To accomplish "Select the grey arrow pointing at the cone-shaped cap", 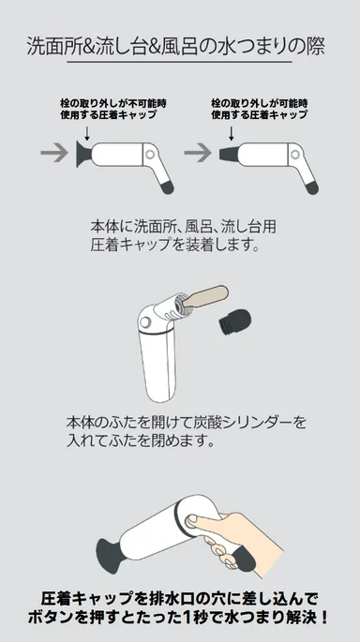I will click(x=197, y=151).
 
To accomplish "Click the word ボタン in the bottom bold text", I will click(x=67, y=619).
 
